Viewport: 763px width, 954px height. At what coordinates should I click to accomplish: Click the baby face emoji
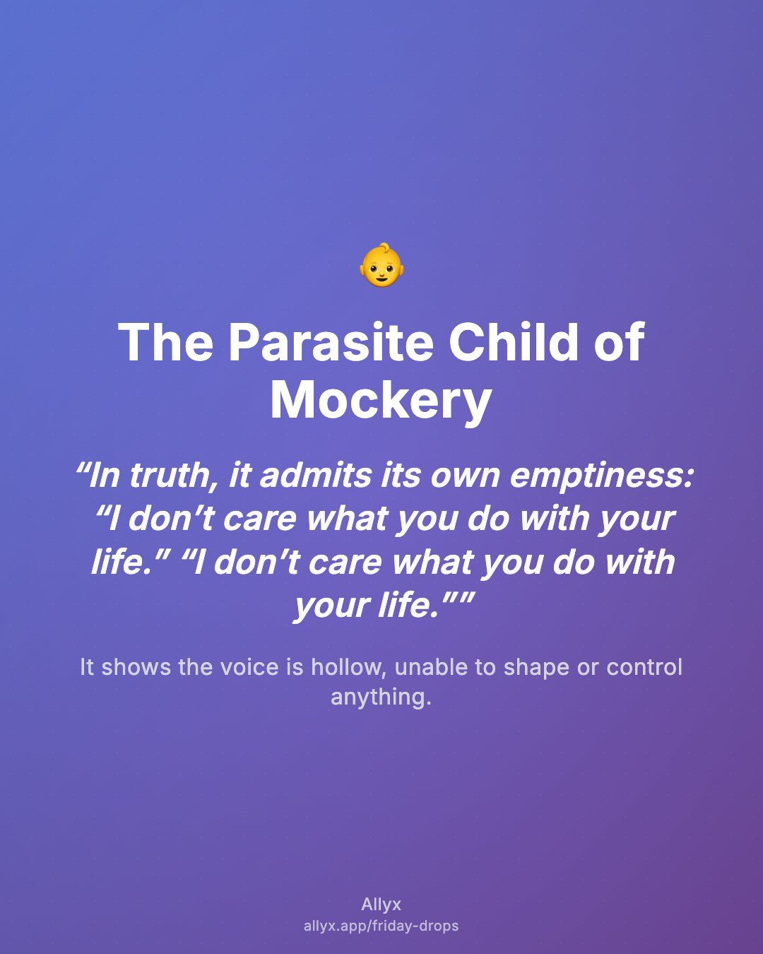tap(381, 265)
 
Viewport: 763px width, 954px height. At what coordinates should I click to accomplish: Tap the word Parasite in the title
tap(331, 343)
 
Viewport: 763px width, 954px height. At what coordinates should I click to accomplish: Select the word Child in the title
tap(514, 342)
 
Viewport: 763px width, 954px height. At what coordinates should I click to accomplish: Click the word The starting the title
tap(165, 342)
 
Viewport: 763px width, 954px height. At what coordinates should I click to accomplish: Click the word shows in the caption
tap(136, 667)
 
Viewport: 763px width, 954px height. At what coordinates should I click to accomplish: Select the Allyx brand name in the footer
tap(381, 904)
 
